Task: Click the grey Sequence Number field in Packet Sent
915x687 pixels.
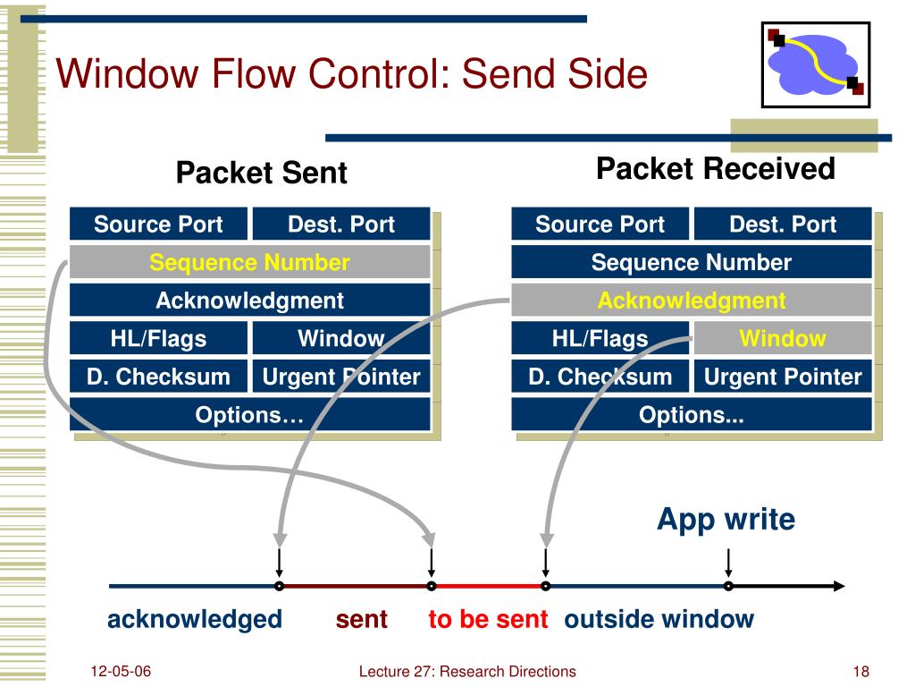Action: point(250,262)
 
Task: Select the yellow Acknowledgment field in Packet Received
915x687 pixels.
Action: point(692,301)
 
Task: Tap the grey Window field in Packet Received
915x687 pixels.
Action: point(783,338)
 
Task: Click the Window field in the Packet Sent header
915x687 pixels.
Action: point(341,338)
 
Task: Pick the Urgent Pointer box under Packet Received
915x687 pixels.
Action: point(783,377)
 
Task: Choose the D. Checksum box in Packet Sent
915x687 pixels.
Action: point(158,377)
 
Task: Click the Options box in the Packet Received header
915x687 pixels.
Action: point(692,415)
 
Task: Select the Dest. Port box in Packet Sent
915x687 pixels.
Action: point(341,224)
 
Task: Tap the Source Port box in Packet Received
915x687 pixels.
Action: point(600,224)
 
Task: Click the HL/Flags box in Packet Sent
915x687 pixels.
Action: point(158,338)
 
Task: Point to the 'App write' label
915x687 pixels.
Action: point(726,520)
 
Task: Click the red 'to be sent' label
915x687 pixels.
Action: point(488,619)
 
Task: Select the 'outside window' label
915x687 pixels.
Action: point(659,619)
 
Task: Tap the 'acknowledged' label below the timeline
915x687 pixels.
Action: point(194,620)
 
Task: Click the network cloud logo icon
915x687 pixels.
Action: point(815,64)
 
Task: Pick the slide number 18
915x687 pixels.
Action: point(860,672)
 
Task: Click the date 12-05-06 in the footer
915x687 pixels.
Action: point(121,671)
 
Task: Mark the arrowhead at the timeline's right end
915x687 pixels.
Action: point(839,586)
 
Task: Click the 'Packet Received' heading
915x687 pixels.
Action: point(716,169)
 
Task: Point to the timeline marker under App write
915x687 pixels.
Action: point(728,586)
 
